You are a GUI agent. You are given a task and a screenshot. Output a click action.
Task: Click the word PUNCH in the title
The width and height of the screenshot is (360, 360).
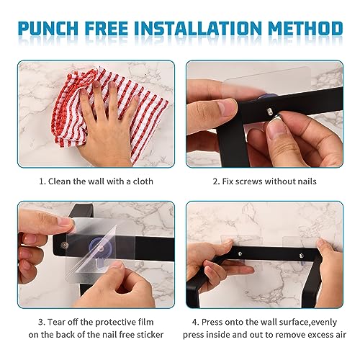coord(48,28)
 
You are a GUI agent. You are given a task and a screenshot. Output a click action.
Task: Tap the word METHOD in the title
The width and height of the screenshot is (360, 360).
coord(305,28)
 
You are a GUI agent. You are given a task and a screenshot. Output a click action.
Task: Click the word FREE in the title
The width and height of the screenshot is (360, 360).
coord(107,28)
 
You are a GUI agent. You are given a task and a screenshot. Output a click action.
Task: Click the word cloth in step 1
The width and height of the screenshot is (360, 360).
coord(143,181)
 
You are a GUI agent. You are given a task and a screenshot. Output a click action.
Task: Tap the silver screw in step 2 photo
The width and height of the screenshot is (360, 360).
coord(269,111)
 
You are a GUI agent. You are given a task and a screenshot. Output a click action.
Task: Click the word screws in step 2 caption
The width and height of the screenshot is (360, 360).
coord(248,181)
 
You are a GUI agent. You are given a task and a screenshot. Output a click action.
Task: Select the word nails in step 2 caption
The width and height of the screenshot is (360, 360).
coord(306,181)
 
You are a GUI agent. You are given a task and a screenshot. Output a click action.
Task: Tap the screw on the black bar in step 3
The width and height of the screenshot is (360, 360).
coord(64,246)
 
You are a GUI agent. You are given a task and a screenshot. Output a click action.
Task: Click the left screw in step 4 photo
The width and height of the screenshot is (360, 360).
coord(240,253)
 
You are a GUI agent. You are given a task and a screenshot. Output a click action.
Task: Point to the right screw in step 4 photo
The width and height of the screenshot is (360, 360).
coord(302,256)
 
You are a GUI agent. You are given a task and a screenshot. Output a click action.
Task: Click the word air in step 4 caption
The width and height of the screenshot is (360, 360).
coord(341,335)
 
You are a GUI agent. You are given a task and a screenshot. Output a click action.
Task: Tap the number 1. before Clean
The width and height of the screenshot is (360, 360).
coord(42,181)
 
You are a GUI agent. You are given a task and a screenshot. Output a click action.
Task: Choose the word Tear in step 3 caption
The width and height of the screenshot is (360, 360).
coord(55,322)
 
